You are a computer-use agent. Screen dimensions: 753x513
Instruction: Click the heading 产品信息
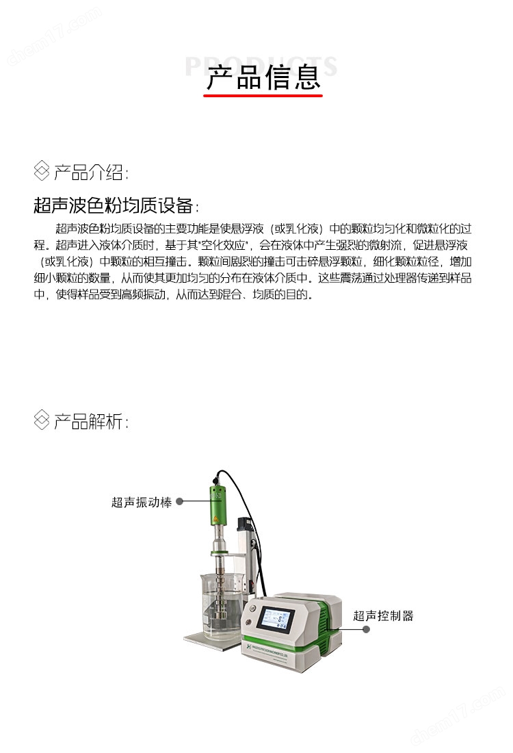(x=263, y=77)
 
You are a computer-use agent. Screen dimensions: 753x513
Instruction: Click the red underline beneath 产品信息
(x=263, y=97)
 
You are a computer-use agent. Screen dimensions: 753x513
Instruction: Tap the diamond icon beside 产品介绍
(x=42, y=171)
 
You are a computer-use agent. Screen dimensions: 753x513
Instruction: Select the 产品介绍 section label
(x=90, y=172)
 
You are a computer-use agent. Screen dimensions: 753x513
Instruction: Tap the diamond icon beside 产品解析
(x=42, y=420)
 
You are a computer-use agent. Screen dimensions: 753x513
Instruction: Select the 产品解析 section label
(x=90, y=421)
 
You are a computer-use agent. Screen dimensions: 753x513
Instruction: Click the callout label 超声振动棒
(x=142, y=502)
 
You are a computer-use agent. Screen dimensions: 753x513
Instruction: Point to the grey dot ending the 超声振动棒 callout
(x=180, y=502)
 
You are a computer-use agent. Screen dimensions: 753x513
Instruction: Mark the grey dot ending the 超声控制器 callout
(x=366, y=629)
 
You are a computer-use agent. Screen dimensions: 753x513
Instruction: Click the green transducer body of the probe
(x=218, y=510)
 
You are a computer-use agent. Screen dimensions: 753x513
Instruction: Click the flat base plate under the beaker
(x=205, y=638)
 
